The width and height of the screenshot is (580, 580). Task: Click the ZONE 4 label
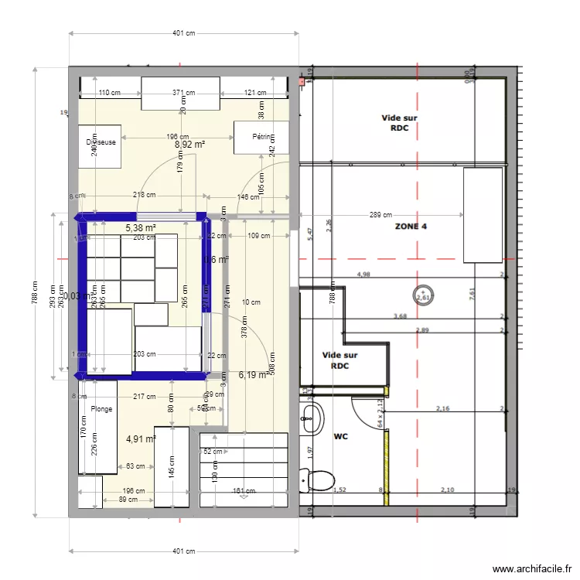coord(411,227)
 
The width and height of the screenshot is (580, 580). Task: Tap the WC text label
coord(340,436)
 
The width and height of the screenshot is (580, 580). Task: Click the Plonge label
coord(101,409)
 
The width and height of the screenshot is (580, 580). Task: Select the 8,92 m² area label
coord(189,144)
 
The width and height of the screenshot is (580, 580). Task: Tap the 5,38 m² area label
coord(141,228)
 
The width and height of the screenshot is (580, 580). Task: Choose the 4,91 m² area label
coord(141,439)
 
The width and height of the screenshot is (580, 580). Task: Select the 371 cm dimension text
coord(183,93)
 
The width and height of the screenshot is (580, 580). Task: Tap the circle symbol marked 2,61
coord(423,295)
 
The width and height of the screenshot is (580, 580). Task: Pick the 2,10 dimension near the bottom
coord(448,490)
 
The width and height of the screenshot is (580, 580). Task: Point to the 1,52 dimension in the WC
coord(339,490)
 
